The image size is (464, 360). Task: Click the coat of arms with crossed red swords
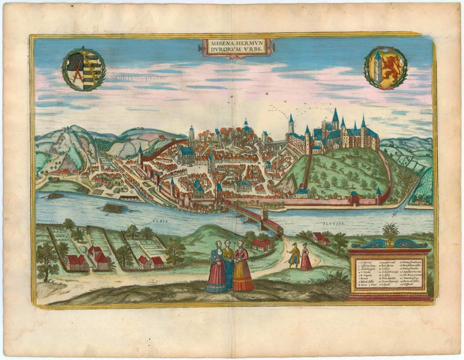click(x=84, y=69)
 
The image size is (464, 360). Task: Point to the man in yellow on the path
click(x=294, y=255)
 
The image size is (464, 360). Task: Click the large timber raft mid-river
click(x=114, y=208)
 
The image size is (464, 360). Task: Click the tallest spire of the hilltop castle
click(x=335, y=116)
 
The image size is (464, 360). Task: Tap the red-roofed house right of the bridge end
click(x=322, y=238)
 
